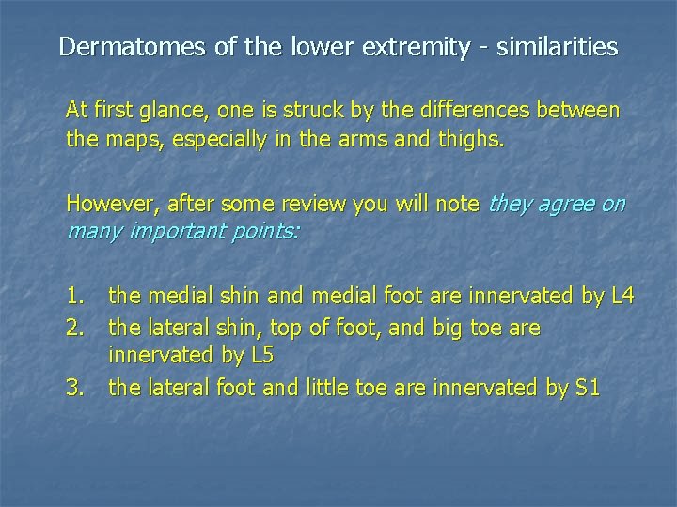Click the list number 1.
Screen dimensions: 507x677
(76, 298)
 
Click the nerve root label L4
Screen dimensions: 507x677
(622, 298)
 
